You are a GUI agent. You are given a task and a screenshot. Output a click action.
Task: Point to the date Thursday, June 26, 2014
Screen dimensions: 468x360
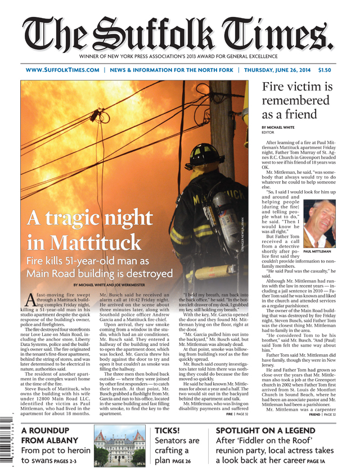pyautogui.click(x=292, y=70)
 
